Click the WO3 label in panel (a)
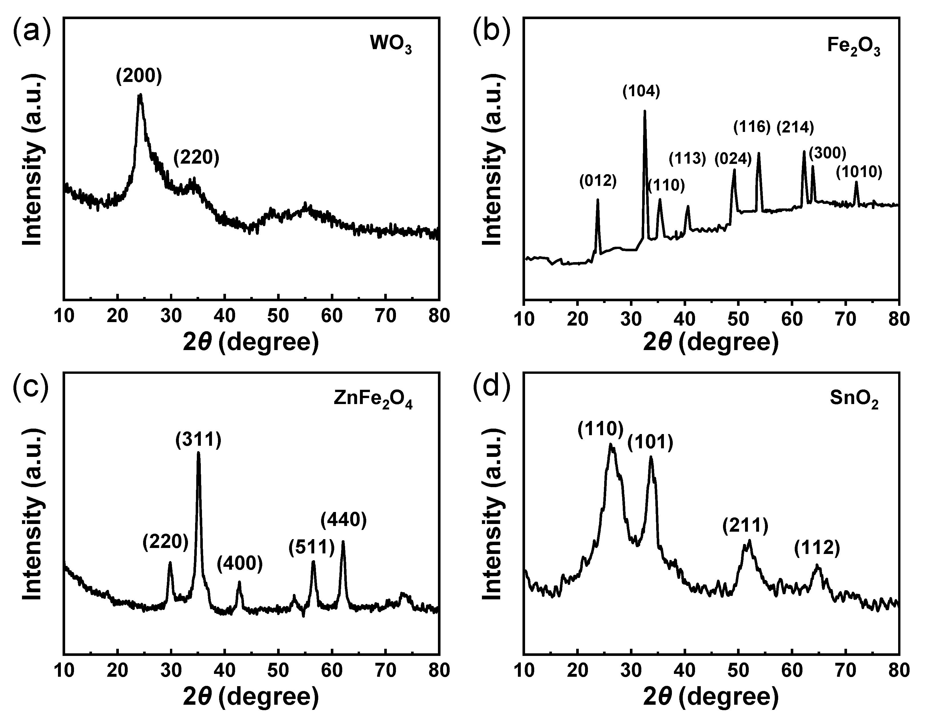pos(391,44)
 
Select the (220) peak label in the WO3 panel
pos(196,158)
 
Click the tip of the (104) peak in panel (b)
pos(645,111)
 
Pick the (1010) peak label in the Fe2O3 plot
pos(859,172)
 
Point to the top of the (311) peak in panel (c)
pos(198,453)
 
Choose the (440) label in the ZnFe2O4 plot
pos(343,520)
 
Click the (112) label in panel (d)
pos(816,548)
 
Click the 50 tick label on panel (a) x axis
pos(278,316)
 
